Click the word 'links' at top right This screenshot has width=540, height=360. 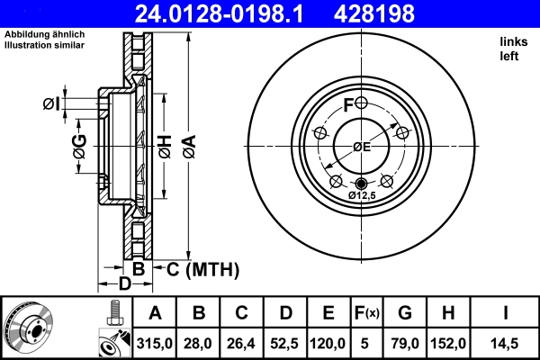[x=512, y=41]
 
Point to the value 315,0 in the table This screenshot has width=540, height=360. [x=155, y=342]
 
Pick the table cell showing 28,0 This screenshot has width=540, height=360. [x=199, y=342]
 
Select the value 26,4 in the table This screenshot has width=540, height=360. [x=242, y=342]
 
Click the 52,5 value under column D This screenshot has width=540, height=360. [x=285, y=342]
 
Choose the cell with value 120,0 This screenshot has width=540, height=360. [x=328, y=342]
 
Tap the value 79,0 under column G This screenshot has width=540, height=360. [x=405, y=342]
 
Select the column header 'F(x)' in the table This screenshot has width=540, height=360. [x=366, y=313]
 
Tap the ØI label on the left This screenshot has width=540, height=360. [x=51, y=105]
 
